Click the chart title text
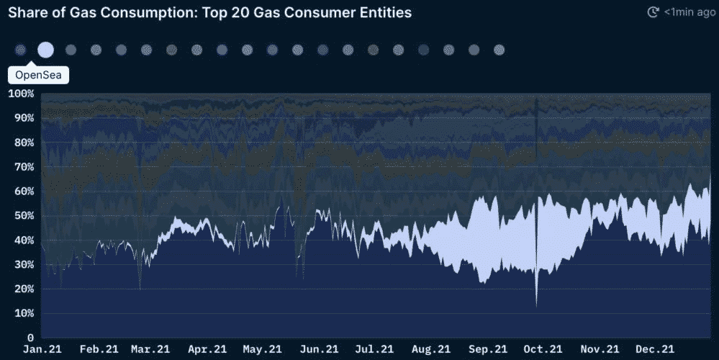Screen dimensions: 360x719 [x=209, y=13]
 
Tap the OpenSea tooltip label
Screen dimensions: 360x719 [x=38, y=75]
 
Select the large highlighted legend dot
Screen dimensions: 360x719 [x=45, y=50]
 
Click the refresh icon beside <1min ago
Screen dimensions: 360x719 [x=654, y=12]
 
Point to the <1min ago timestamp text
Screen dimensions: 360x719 [x=689, y=12]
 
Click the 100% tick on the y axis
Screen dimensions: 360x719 [x=21, y=94]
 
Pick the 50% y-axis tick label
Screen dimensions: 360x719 [x=23, y=215]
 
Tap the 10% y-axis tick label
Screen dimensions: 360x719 [x=23, y=313]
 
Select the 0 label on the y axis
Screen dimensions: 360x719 [x=30, y=338]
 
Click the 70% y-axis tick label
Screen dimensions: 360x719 [x=23, y=167]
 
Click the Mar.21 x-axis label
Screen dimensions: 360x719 [x=150, y=349]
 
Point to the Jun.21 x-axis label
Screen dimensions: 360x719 [x=315, y=349]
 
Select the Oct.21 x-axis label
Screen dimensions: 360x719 [x=542, y=349]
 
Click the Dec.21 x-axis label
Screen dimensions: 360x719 [x=655, y=349]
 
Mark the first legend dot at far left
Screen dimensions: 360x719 [x=20, y=50]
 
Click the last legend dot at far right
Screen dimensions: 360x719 [x=499, y=50]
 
